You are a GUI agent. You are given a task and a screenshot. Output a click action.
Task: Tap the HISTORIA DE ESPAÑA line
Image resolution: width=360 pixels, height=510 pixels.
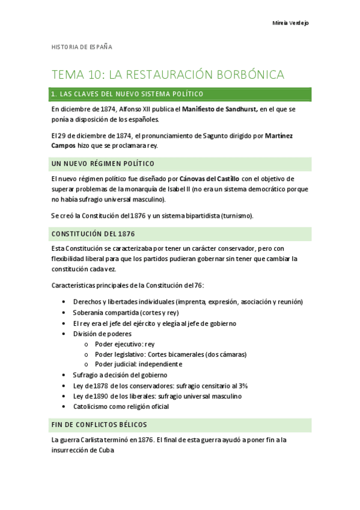click(x=82, y=46)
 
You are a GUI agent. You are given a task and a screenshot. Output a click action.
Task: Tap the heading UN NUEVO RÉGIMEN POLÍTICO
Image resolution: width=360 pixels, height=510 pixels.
click(x=103, y=164)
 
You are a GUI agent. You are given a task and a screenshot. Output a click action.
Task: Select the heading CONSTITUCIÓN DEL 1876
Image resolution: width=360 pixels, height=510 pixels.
click(x=93, y=233)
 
